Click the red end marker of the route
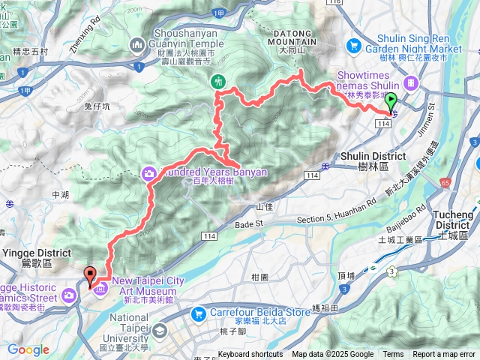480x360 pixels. (90, 276)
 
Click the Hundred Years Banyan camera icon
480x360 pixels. (149, 174)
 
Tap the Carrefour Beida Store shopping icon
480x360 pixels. (199, 313)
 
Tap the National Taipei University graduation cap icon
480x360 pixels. (160, 330)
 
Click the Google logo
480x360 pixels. (28, 349)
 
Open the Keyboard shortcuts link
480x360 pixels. (250, 355)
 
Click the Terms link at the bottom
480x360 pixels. (393, 355)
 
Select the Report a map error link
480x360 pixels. (445, 355)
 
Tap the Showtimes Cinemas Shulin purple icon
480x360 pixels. (410, 82)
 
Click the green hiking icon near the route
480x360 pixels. (218, 80)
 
